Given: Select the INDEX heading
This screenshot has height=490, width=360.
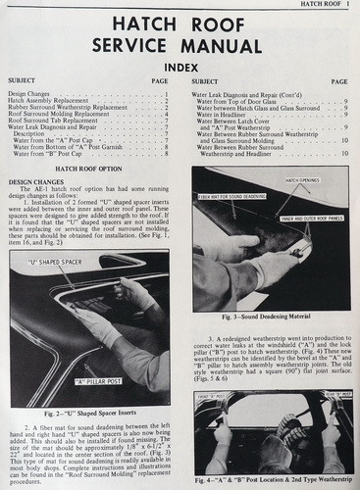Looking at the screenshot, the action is pyautogui.click(x=180, y=67).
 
